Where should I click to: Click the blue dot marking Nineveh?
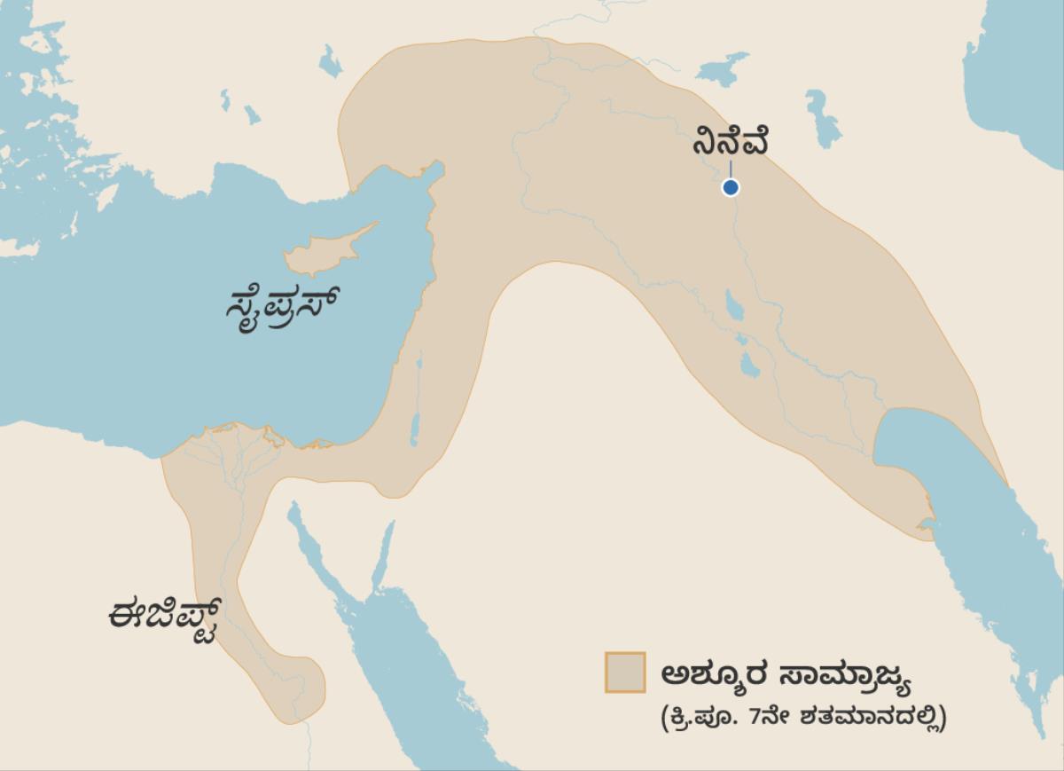[x=730, y=187]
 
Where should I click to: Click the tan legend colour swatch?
[x=624, y=672]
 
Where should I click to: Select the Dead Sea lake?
[x=414, y=429]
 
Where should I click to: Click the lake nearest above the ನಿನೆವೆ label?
[x=724, y=68]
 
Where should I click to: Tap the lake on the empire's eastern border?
[x=823, y=120]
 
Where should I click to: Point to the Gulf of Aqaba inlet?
[x=384, y=554]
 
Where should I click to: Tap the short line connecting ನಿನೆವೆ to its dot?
[x=730, y=169]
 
